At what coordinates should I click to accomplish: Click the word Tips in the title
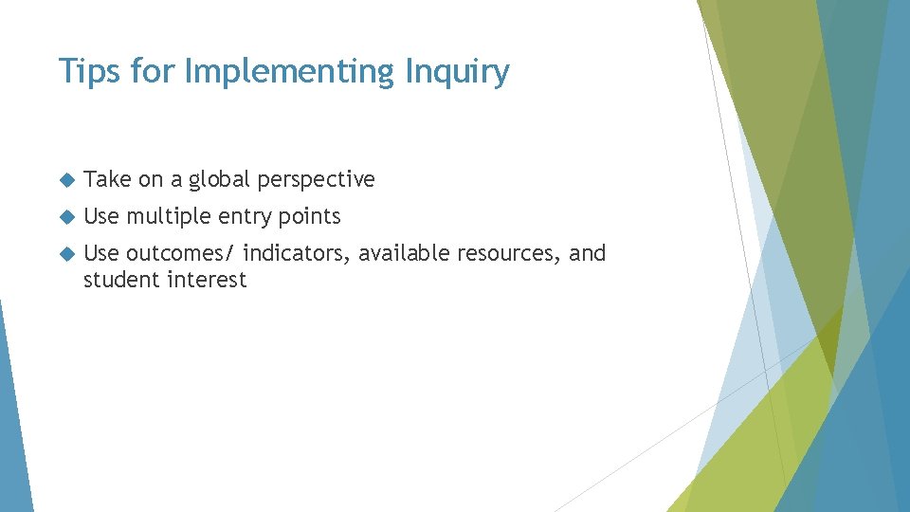click(82, 71)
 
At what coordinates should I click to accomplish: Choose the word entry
click(246, 217)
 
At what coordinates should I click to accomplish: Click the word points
click(309, 217)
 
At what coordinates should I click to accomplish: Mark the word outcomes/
click(180, 253)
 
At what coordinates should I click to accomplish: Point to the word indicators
click(297, 253)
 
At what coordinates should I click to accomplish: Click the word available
click(404, 253)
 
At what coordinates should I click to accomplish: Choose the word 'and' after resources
click(588, 253)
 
